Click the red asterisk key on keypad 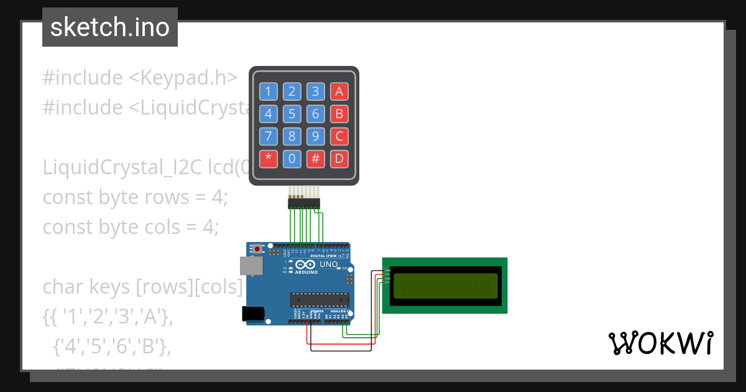(x=268, y=159)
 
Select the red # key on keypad (x=315, y=159)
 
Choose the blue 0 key (x=292, y=159)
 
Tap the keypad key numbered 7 (x=268, y=136)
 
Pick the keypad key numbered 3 (x=315, y=92)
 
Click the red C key (x=339, y=136)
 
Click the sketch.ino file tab (x=110, y=27)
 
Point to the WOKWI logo (x=660, y=343)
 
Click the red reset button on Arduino (x=257, y=249)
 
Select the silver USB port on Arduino (x=251, y=266)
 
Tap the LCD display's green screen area (x=444, y=286)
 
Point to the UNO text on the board (x=329, y=264)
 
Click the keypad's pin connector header (x=303, y=203)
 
